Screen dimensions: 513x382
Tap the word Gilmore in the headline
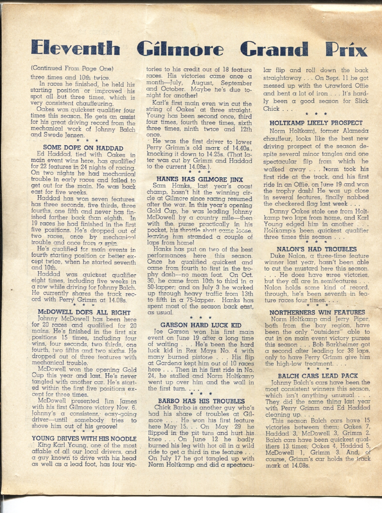point(181,48)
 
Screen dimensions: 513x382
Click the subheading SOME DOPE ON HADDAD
point(83,148)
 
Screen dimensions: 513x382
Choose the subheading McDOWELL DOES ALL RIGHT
point(78,312)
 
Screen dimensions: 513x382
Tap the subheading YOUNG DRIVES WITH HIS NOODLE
point(84,438)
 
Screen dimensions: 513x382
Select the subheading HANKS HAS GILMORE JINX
point(199,179)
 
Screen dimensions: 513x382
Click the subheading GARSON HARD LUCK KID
point(201,325)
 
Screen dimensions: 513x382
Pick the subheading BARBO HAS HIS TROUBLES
point(201,401)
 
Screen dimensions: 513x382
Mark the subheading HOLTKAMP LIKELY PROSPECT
point(316,123)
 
